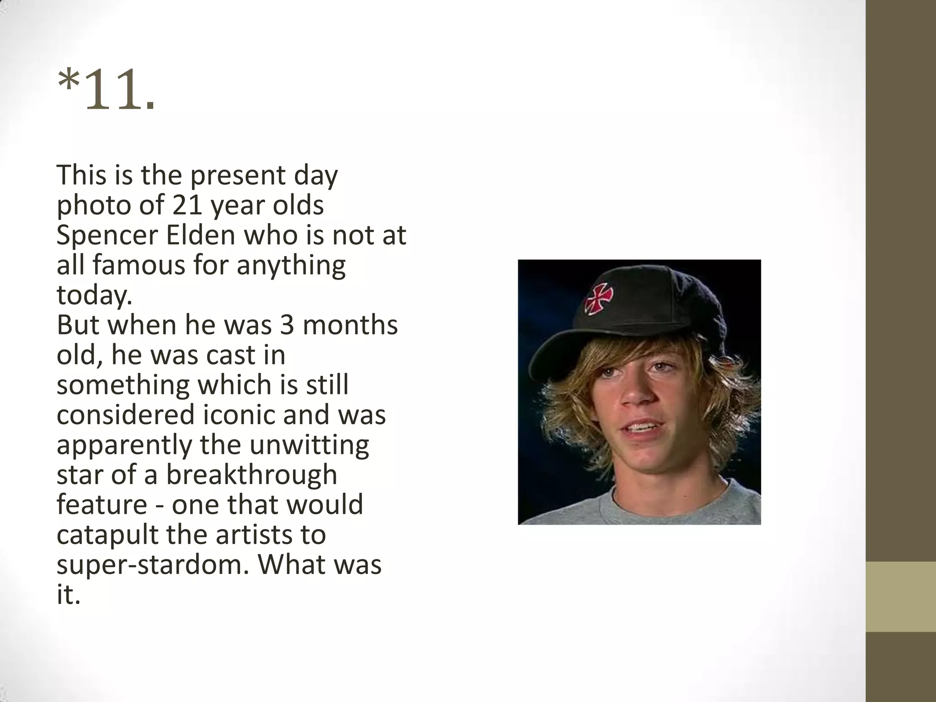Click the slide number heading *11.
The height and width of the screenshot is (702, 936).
(106, 90)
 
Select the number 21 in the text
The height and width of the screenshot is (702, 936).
(187, 205)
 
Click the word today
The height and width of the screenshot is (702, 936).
(94, 295)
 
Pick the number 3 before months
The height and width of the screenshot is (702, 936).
(286, 325)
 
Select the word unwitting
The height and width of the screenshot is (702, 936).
(309, 445)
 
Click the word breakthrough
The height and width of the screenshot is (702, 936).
(251, 475)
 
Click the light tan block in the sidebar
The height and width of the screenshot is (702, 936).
(900, 596)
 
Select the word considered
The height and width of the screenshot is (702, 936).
(126, 415)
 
